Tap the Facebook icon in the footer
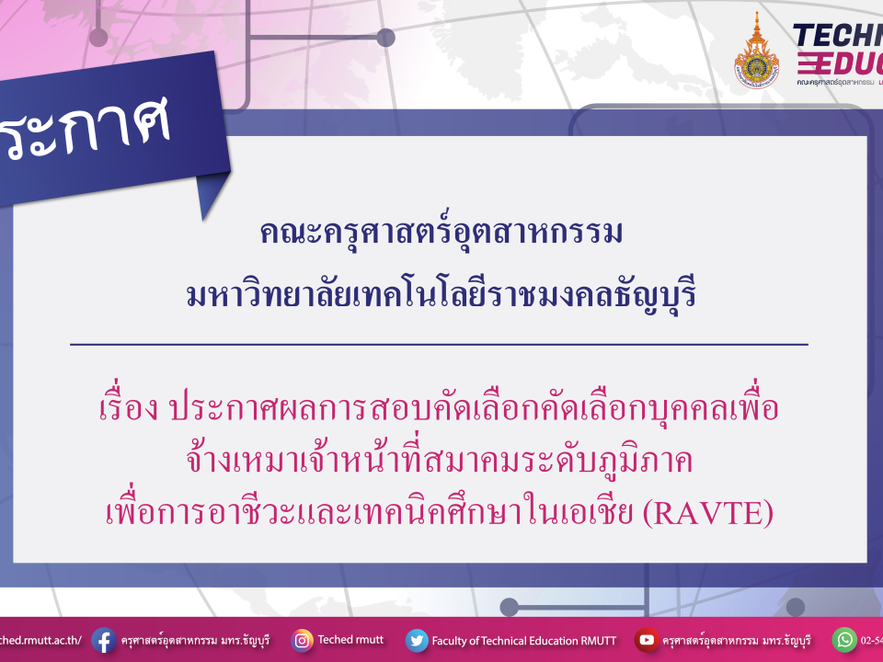(103, 640)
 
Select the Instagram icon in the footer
(302, 640)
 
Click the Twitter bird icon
(417, 640)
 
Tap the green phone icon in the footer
(843, 640)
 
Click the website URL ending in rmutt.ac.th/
(41, 640)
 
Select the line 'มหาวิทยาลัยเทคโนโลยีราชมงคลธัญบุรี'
(441, 296)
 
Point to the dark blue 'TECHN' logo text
(837, 35)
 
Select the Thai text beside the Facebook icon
(195, 640)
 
